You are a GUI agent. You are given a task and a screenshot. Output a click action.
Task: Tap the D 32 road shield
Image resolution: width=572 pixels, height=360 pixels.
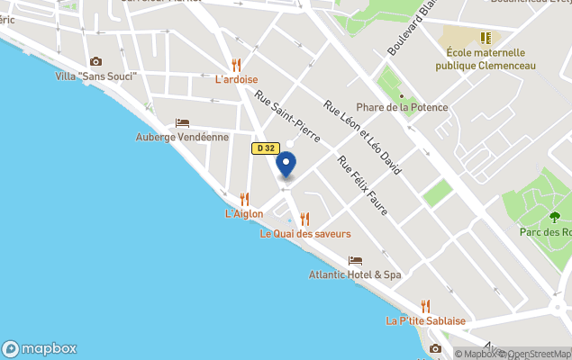tap(265, 148)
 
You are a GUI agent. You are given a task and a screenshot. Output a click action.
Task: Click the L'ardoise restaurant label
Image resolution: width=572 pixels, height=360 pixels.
tap(236, 79)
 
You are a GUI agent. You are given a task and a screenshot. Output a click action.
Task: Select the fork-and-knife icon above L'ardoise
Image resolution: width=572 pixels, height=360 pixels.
tap(236, 65)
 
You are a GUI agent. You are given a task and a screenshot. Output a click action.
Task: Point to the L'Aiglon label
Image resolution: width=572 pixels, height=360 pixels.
tap(243, 213)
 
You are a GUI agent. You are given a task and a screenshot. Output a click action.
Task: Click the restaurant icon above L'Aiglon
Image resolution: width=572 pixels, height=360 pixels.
tap(244, 199)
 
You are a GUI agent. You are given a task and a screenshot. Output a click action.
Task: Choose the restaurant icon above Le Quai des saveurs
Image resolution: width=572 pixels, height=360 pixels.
tap(304, 219)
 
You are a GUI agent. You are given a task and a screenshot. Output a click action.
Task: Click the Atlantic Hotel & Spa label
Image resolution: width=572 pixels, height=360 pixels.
tap(354, 274)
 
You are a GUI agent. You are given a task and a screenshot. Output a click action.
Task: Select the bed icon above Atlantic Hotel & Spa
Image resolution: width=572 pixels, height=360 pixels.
tap(354, 260)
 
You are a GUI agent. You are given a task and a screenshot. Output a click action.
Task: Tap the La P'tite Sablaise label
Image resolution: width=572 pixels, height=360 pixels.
tap(425, 320)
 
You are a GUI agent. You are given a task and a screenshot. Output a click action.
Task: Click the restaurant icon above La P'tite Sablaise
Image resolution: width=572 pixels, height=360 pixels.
tap(425, 306)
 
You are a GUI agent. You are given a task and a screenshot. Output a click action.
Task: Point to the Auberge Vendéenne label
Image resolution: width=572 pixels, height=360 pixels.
tap(182, 137)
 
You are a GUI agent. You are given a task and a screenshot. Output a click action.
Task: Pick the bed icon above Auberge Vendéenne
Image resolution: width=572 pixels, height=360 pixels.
tap(182, 122)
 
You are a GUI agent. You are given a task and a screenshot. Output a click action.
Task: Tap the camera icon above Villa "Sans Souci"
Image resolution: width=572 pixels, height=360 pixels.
tap(95, 61)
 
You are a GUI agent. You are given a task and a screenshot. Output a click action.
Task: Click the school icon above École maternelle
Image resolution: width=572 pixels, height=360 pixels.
tap(486, 39)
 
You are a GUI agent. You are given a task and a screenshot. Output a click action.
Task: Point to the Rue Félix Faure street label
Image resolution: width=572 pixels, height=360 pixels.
tap(362, 185)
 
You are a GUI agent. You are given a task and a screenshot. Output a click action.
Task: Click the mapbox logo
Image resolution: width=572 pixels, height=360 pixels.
tap(40, 349)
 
